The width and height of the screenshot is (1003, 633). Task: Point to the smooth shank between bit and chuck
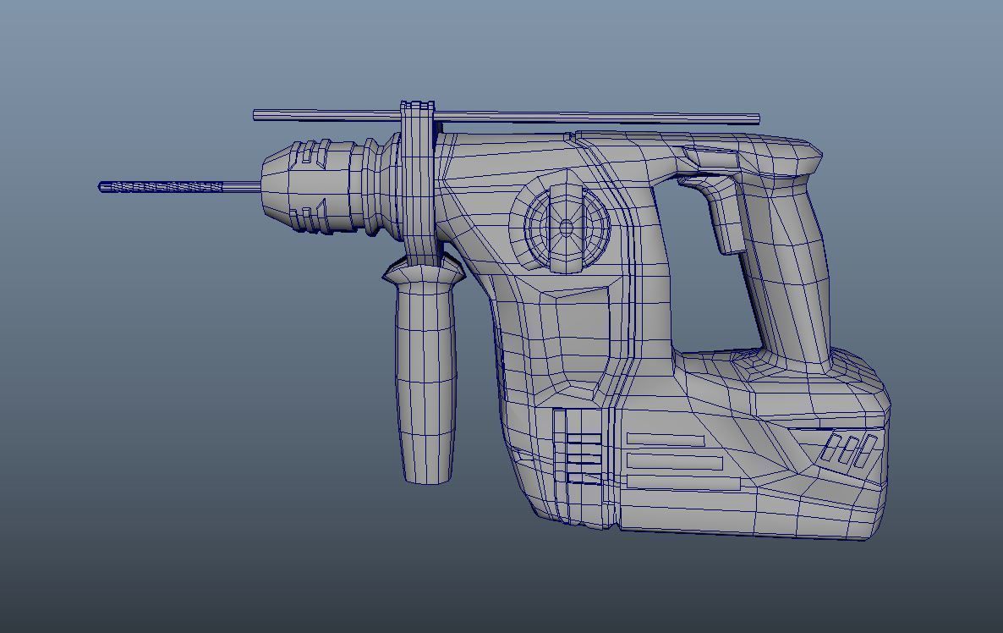click(x=241, y=186)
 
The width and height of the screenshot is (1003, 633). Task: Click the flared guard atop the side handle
click(x=424, y=271)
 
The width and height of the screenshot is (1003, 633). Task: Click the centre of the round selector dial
click(x=567, y=227)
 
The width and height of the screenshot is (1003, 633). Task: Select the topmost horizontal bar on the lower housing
click(x=666, y=440)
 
